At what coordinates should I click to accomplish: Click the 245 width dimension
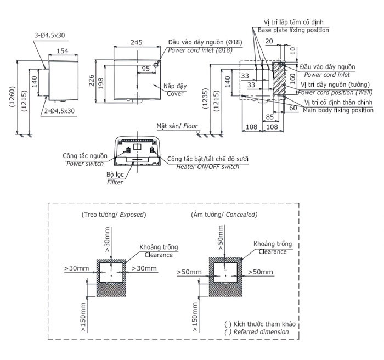(x=137, y=41)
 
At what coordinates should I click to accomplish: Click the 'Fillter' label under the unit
(x=115, y=182)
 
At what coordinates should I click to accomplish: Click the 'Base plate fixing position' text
(x=293, y=30)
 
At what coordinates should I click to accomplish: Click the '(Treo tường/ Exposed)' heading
(x=114, y=214)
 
